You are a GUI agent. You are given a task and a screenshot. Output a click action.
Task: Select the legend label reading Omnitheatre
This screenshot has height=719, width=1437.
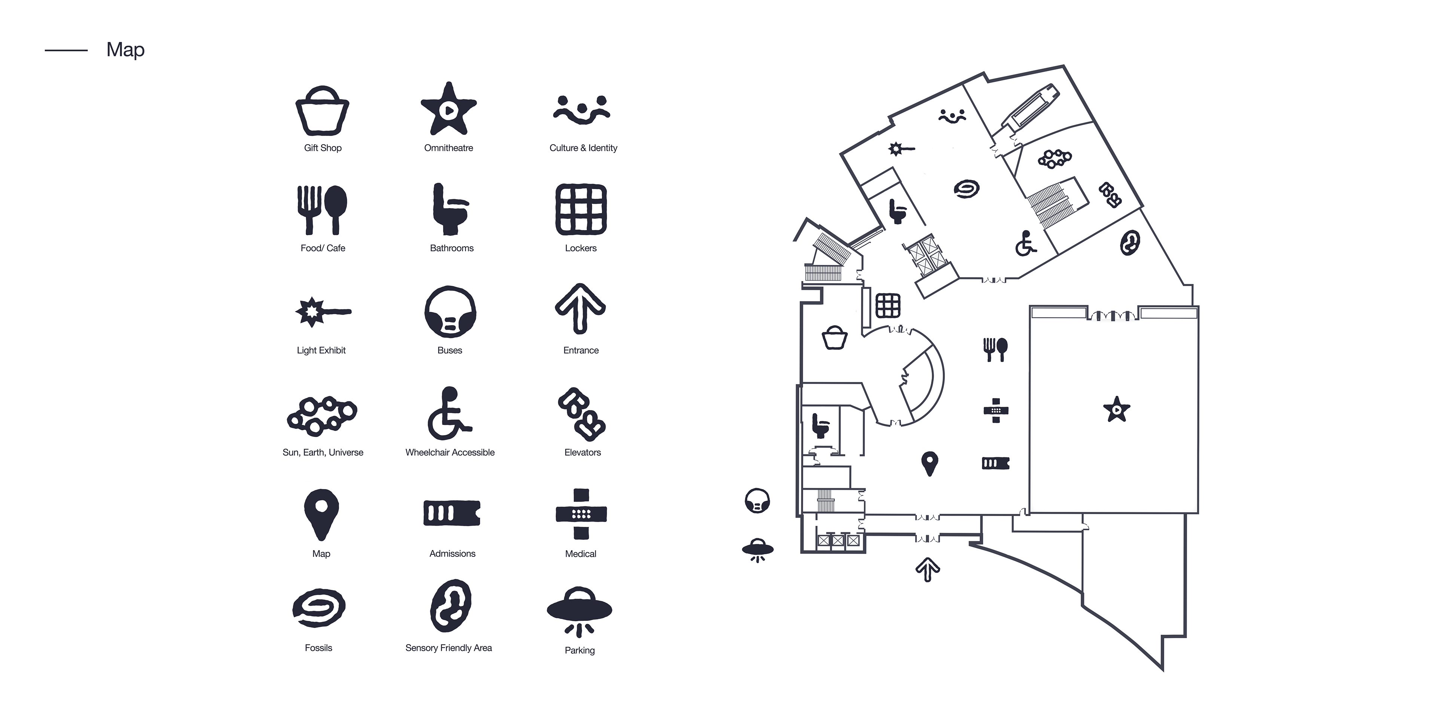(449, 148)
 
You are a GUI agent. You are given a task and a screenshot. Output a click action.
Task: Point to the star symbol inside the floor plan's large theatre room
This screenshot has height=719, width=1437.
(1116, 410)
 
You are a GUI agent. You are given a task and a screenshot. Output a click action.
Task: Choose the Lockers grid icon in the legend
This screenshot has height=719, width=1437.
(581, 209)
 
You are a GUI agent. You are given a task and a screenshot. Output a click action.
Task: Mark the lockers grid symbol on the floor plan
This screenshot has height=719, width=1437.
(888, 305)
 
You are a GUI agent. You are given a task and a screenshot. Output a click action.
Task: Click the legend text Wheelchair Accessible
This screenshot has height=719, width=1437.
(449, 452)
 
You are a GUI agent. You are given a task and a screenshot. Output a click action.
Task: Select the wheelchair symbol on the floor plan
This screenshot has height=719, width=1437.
(1025, 243)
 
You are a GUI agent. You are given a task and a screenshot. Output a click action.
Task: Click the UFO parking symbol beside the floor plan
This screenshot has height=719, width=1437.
(757, 549)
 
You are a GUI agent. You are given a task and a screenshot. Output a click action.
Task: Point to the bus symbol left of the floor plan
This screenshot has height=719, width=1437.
(757, 501)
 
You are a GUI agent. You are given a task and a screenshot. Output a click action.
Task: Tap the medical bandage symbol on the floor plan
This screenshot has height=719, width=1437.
(996, 411)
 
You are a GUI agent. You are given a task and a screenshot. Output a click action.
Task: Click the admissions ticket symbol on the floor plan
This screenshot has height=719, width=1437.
(996, 463)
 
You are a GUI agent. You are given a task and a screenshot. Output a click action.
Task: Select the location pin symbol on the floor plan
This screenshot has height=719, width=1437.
(929, 463)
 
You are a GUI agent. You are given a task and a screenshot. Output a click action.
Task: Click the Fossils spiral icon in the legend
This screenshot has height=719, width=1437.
(318, 607)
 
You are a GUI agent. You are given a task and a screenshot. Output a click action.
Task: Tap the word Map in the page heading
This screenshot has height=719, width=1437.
(125, 50)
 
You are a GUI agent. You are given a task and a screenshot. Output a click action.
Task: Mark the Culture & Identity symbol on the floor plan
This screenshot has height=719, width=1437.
(952, 116)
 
